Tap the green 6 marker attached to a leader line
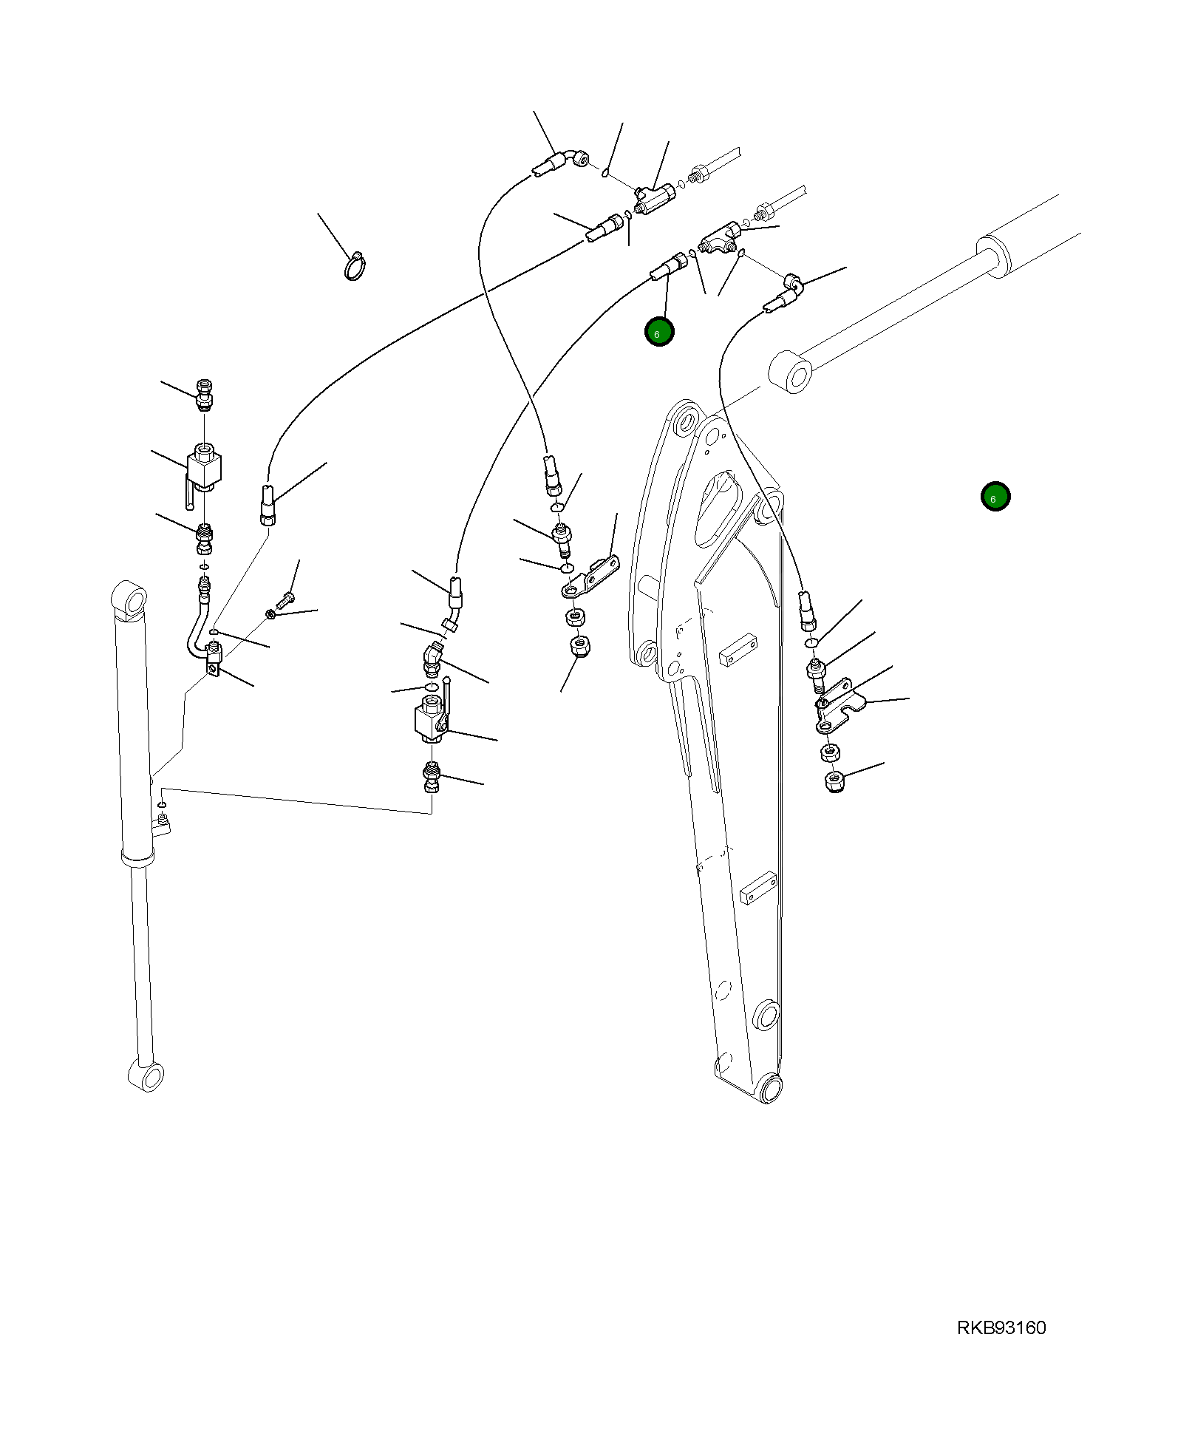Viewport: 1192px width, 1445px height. [x=658, y=333]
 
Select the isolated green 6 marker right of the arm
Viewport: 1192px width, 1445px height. [x=995, y=497]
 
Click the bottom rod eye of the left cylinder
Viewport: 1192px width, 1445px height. [x=147, y=1077]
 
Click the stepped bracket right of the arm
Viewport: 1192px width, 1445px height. [x=840, y=706]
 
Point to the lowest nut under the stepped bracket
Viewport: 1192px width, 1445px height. [x=834, y=782]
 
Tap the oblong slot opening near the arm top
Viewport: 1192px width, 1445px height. [x=717, y=510]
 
